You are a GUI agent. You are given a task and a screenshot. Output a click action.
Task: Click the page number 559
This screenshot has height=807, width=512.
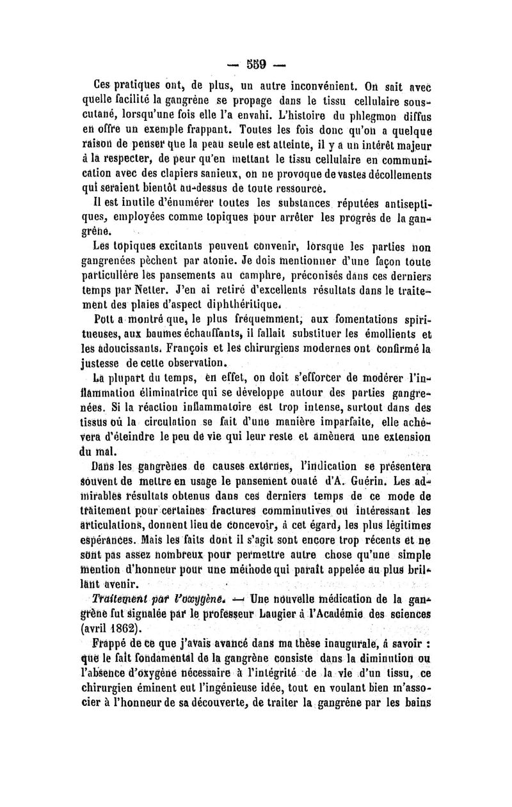255,64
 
